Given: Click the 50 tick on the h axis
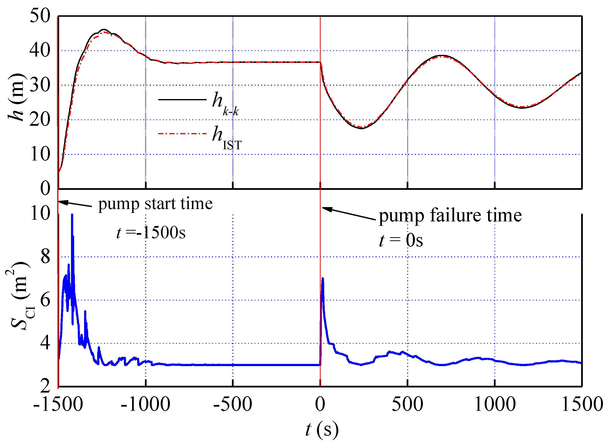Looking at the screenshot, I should coord(40,16).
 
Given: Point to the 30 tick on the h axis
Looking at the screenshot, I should coord(40,85).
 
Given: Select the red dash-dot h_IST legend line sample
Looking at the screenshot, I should coord(182,134).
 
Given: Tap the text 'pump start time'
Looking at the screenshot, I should coord(155,204).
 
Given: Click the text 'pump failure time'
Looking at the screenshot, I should coord(450,216).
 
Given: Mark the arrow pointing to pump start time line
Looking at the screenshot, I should coord(75,204).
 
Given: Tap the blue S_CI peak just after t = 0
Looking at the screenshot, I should coord(323,279).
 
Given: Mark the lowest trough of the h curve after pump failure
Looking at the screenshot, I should coord(362,128).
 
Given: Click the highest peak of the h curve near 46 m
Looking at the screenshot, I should coord(104,30).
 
